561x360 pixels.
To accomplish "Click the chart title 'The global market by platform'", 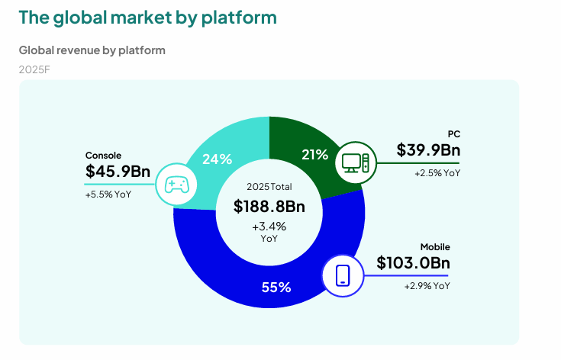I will tap(147, 17).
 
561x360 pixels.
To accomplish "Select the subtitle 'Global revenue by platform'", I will tap(92, 50).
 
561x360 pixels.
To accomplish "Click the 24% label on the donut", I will tap(217, 159).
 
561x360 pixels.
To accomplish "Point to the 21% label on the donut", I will tap(314, 155).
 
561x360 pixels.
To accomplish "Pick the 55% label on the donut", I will tap(276, 288).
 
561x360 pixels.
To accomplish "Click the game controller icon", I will tap(177, 184).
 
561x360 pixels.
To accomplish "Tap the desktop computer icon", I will tap(356, 162).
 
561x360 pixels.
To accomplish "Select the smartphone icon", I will tap(343, 274).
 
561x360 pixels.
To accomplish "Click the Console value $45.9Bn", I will tap(118, 172).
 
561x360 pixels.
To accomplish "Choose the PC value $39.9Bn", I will tap(428, 150).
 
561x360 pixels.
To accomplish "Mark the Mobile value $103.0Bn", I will tap(413, 263).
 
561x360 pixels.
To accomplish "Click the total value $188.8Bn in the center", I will tap(269, 207).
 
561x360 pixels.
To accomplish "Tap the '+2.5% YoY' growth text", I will tap(437, 173).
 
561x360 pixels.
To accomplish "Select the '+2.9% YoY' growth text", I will tap(427, 286).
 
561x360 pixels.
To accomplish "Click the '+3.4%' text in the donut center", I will tap(269, 227).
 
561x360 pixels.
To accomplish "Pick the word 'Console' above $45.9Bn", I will tap(103, 155).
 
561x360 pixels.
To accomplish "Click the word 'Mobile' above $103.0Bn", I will tap(435, 247).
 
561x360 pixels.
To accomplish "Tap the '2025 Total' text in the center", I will tap(269, 187).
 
